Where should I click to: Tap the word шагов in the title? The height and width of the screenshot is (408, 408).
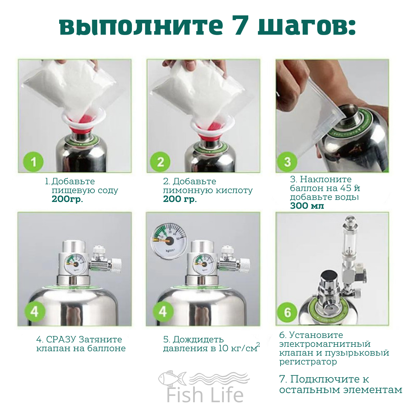pyautogui.click(x=307, y=28)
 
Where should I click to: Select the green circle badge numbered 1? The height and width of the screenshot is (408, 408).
pyautogui.click(x=33, y=162)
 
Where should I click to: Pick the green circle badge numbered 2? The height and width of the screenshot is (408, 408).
pyautogui.click(x=160, y=162)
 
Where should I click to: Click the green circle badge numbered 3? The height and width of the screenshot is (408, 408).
pyautogui.click(x=287, y=162)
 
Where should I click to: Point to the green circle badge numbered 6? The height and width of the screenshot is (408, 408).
pyautogui.click(x=287, y=312)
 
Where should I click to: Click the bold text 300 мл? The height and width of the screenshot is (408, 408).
pyautogui.click(x=307, y=206)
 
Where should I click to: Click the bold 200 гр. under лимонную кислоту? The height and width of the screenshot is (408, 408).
pyautogui.click(x=180, y=200)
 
